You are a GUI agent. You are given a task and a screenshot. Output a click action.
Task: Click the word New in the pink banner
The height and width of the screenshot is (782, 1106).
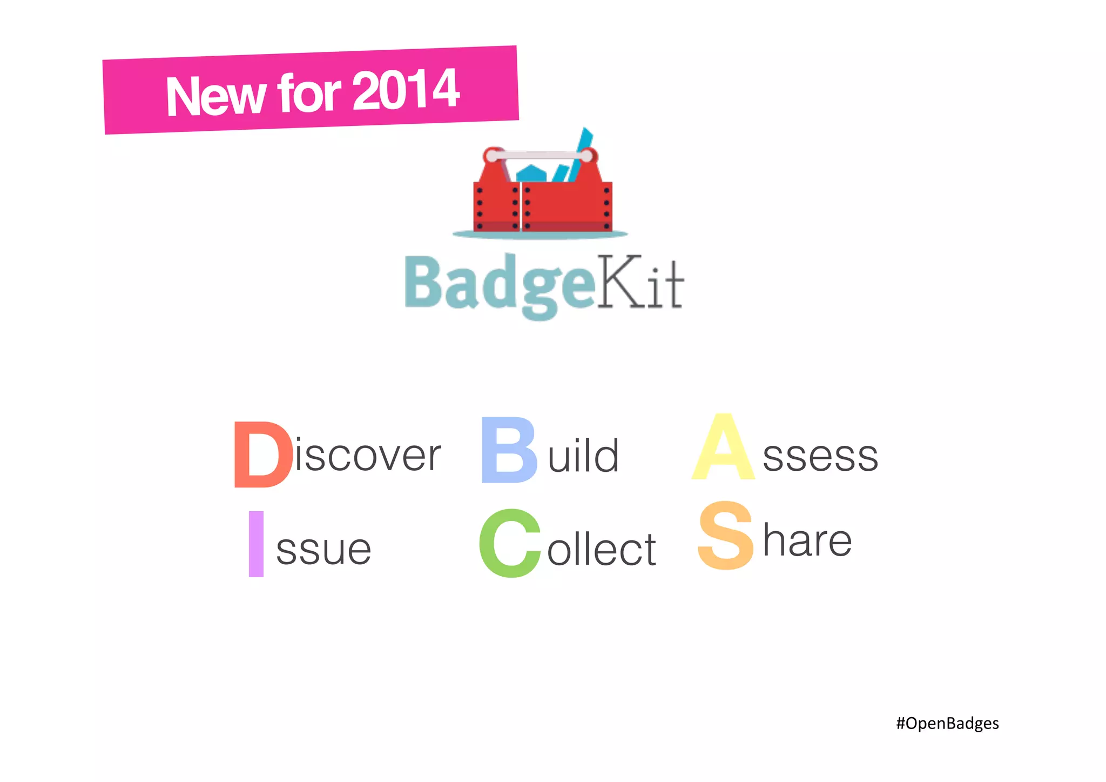215,96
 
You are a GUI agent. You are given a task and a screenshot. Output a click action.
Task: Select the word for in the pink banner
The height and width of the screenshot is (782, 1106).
309,93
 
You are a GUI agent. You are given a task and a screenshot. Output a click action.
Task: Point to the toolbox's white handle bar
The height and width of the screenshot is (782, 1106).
539,156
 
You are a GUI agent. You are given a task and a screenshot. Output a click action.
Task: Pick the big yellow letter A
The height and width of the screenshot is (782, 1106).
723,448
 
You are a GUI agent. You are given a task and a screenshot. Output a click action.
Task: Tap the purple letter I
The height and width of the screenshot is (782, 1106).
256,544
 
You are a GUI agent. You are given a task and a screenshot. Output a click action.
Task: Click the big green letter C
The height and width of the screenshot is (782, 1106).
510,544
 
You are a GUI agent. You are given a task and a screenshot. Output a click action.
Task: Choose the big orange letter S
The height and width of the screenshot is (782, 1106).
725,536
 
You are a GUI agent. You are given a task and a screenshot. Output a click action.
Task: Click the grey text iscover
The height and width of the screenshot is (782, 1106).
368,455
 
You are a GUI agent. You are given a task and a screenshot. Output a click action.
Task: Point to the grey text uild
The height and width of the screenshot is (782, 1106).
583,456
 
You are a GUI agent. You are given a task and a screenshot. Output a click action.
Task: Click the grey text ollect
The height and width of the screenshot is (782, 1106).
602,549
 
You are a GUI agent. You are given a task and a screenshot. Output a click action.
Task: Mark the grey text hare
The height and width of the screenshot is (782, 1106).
807,540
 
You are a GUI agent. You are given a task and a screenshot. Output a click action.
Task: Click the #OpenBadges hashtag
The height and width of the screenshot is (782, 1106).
947,723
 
